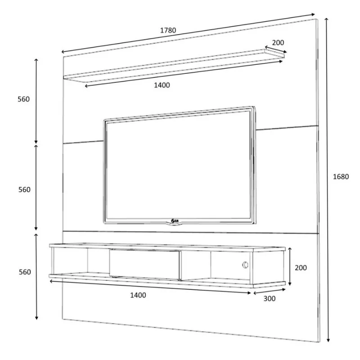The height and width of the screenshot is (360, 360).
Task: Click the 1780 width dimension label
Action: [x=168, y=31]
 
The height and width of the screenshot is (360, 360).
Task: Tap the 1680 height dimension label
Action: [x=341, y=177]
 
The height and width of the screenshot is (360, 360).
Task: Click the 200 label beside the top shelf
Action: [x=278, y=43]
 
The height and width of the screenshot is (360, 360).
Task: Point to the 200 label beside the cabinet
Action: [x=301, y=268]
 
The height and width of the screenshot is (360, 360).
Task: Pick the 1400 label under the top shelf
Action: [x=162, y=85]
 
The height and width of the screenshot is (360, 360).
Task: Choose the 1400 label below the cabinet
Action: [x=138, y=295]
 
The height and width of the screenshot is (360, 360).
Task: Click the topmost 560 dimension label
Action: [x=24, y=99]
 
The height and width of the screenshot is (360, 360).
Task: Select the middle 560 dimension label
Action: [x=24, y=190]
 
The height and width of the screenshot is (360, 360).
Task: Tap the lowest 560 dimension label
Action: [x=24, y=272]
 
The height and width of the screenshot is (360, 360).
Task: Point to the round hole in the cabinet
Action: [x=245, y=265]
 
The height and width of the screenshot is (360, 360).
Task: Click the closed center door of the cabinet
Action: [x=145, y=264]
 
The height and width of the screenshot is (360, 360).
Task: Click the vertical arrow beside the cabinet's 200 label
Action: [x=290, y=267]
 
